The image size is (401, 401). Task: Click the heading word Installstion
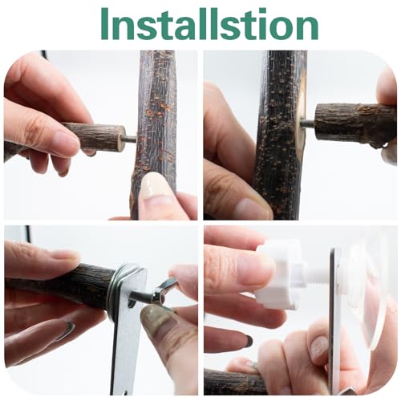point(209,24)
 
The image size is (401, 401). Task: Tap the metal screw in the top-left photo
point(130,139)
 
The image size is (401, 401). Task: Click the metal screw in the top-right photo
point(308,124)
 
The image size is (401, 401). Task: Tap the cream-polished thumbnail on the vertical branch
point(153,185)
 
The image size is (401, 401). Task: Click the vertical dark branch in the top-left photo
point(156,134)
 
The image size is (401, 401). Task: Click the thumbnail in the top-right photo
point(250,207)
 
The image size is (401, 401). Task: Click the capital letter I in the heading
point(105,24)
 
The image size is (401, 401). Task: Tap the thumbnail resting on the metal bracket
point(155,319)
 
